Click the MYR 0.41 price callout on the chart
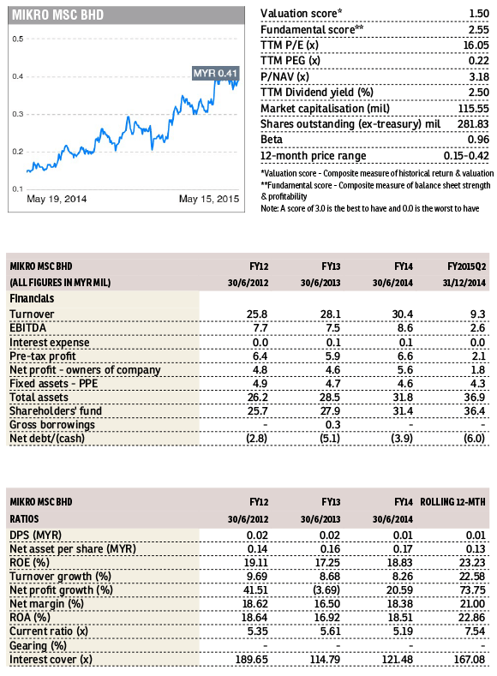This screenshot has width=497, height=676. pos(216,74)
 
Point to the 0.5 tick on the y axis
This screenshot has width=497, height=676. pos(18,39)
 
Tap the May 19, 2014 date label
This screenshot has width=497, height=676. pos(57,199)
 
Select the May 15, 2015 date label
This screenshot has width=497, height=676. pos(209,199)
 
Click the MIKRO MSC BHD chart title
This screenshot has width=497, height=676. pos(57,15)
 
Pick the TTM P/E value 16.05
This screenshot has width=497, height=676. pos(476,45)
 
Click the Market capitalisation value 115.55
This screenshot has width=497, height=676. pos(473,108)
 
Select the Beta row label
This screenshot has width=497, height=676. pos(271,140)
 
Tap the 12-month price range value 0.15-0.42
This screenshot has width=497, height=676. pos(466,156)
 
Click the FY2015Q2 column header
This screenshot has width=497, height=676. pos(466,266)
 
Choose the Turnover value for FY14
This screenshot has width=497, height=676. pos(402,314)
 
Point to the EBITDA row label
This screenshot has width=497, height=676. pos(27,328)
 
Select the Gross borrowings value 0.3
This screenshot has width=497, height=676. pos(332,425)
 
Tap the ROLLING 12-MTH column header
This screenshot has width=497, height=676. pos(452,502)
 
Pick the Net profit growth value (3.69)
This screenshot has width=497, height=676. pos(326,590)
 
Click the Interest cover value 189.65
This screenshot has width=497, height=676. pos(251,660)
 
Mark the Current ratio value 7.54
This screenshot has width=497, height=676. pos(474,631)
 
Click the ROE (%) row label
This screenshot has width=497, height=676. pos(29,563)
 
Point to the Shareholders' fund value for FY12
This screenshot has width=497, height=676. pos(257,411)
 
